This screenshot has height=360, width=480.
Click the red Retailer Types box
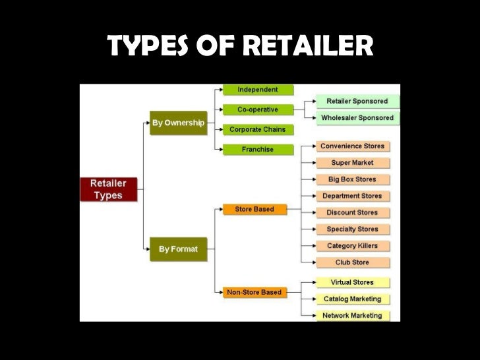click(x=109, y=189)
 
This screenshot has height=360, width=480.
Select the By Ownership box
click(x=178, y=123)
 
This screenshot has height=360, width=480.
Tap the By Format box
click(x=178, y=249)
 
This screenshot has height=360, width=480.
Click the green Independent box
click(x=258, y=90)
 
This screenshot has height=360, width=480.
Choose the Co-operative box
click(x=258, y=109)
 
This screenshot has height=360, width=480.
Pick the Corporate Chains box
click(x=258, y=129)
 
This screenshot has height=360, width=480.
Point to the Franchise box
click(x=258, y=150)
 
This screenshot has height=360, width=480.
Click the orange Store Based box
click(x=255, y=210)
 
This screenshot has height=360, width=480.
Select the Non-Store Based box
click(x=255, y=292)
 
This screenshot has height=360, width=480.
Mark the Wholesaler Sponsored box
click(x=357, y=118)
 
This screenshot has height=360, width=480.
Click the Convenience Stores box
click(x=352, y=146)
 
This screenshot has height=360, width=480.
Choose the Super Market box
click(x=352, y=162)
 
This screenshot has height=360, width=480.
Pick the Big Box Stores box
click(x=352, y=179)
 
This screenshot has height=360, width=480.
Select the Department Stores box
click(x=352, y=196)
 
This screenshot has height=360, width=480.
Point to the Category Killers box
click(x=352, y=246)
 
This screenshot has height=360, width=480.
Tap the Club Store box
click(x=352, y=262)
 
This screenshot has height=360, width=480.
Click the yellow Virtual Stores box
click(x=352, y=282)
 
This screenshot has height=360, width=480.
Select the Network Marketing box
click(x=352, y=316)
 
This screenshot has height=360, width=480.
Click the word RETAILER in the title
click(x=308, y=46)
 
